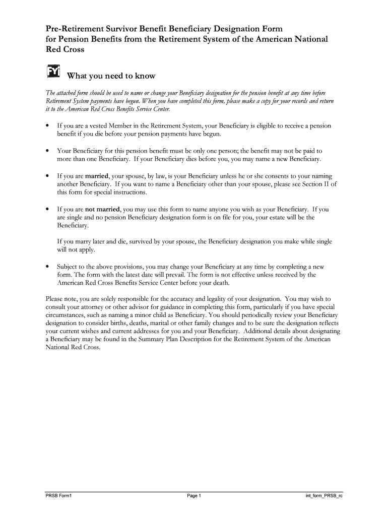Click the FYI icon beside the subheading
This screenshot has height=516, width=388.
tap(53, 72)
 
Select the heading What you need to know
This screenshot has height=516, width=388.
tap(111, 76)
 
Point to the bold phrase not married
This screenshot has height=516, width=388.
tap(102, 209)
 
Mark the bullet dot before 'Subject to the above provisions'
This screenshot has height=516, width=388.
tap(47, 267)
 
